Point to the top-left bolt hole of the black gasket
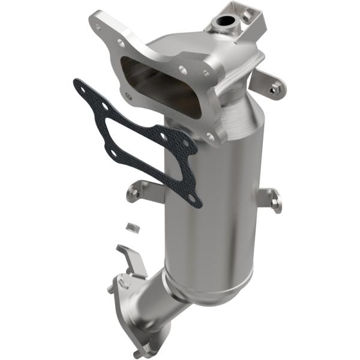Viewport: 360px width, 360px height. (82, 88)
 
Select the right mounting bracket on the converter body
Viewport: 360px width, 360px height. (273, 198)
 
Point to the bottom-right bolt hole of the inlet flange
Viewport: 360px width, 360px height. (209, 137)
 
